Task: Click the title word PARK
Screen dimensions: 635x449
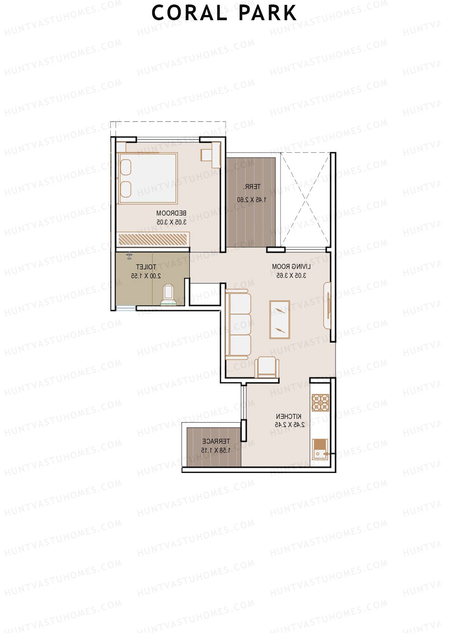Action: [268, 13]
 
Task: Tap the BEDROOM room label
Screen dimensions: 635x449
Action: [171, 213]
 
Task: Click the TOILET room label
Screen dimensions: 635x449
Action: [146, 267]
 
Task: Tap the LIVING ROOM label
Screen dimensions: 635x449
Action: [291, 267]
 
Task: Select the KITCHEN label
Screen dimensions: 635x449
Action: [288, 416]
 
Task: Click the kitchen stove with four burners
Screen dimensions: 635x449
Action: [320, 403]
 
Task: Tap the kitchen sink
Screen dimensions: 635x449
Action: [320, 449]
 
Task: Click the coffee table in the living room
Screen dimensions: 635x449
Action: [280, 320]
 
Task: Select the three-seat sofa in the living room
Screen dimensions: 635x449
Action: [238, 325]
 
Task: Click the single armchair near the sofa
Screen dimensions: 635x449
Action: [267, 367]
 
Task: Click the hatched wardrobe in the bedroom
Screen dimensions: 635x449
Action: [153, 239]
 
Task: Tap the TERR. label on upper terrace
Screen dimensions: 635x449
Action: [252, 187]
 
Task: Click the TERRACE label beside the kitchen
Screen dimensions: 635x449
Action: [216, 442]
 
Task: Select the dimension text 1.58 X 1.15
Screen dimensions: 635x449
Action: [216, 450]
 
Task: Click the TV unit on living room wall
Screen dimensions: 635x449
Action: [327, 306]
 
